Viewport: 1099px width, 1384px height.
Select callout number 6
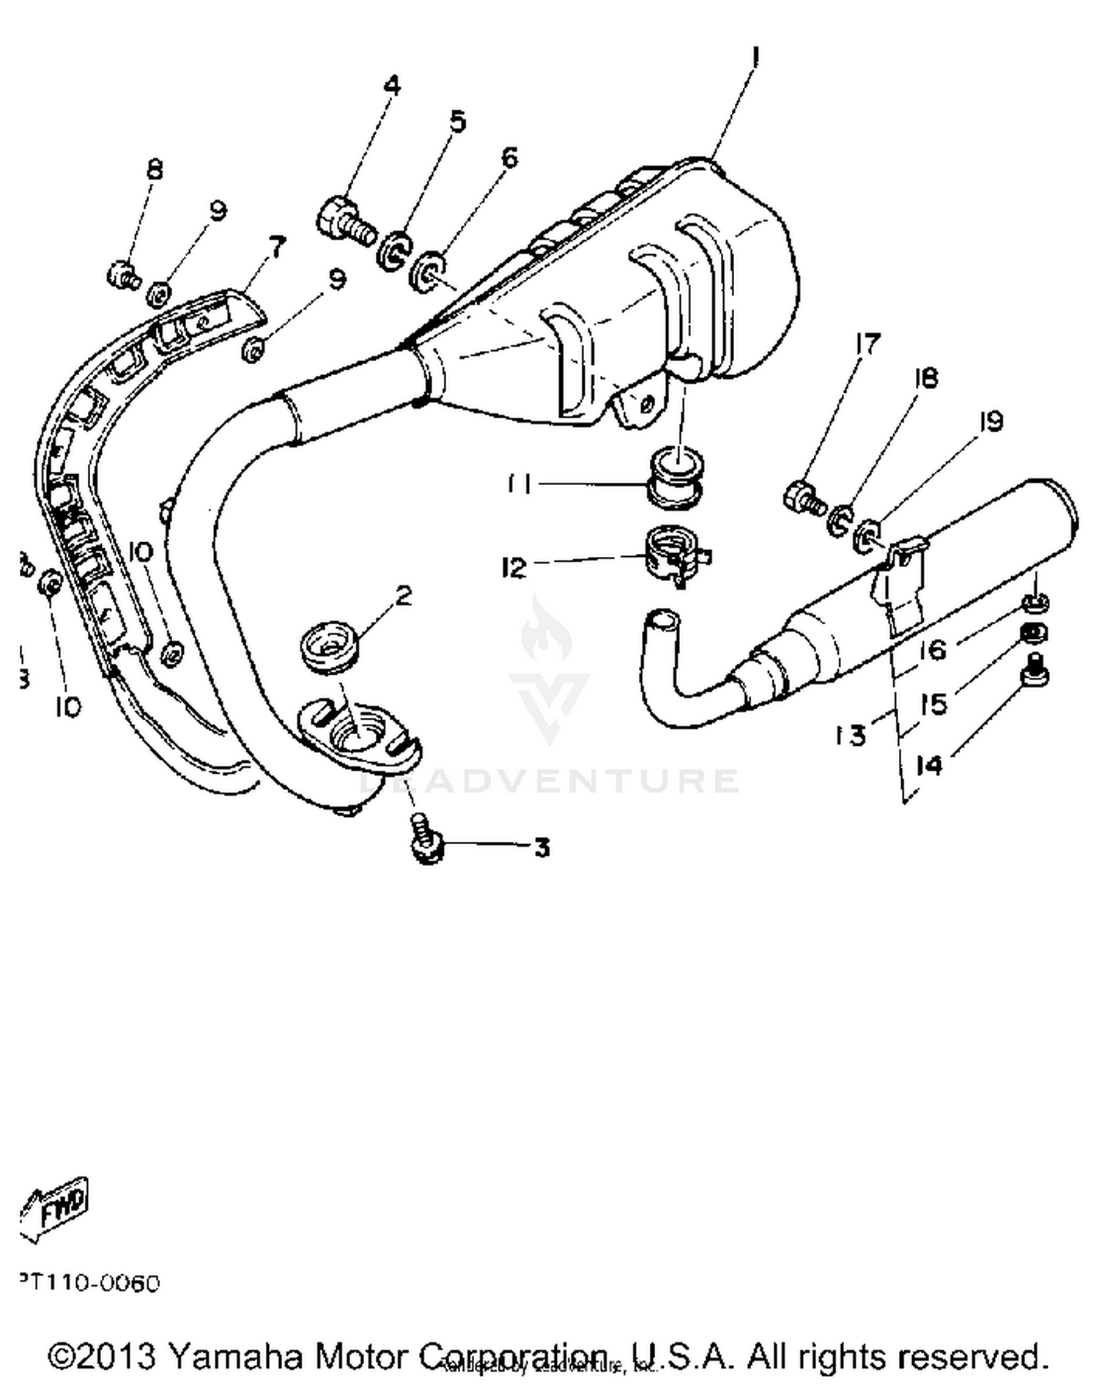[x=509, y=157]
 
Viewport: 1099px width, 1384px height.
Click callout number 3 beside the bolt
[x=541, y=848]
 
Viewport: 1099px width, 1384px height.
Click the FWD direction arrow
[x=55, y=1207]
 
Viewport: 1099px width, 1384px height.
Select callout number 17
[x=867, y=344]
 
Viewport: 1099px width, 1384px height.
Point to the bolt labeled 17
[x=804, y=498]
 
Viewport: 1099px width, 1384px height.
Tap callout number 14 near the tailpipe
[x=930, y=766]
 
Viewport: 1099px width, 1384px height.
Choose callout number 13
[x=851, y=734]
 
